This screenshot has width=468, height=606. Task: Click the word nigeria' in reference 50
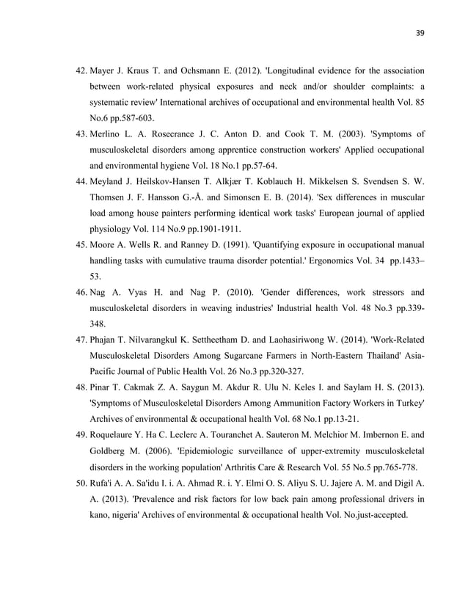click(127, 515)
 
